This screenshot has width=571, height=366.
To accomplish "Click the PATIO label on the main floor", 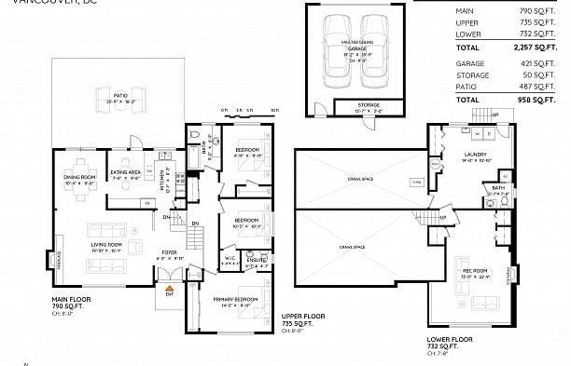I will pyautogui.click(x=121, y=95).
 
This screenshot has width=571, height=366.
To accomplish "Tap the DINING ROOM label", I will pyautogui.click(x=79, y=177).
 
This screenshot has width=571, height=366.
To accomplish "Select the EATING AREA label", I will pyautogui.click(x=125, y=172).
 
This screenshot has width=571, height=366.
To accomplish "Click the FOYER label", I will pyautogui.click(x=169, y=251).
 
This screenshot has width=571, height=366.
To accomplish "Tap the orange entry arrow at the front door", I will pyautogui.click(x=169, y=291).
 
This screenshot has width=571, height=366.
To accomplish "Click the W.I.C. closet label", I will pyautogui.click(x=230, y=260).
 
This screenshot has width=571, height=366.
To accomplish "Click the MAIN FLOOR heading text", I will pyautogui.click(x=74, y=299).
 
